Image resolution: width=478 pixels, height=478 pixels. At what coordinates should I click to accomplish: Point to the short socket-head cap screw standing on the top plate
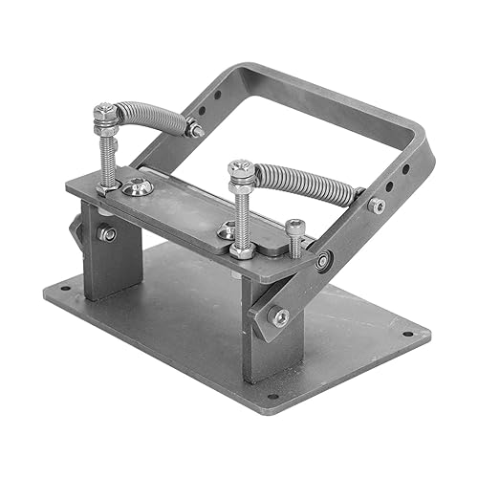click(x=294, y=237)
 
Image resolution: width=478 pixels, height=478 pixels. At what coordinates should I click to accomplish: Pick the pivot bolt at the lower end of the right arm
click(x=281, y=317)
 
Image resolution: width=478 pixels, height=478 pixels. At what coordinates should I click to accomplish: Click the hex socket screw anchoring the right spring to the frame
click(x=377, y=205)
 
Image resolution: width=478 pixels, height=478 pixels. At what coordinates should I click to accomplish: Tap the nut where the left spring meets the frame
click(x=195, y=128)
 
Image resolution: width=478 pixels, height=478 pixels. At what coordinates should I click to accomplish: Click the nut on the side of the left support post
click(x=107, y=233)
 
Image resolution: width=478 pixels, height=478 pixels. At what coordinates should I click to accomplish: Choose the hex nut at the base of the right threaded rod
click(x=242, y=250)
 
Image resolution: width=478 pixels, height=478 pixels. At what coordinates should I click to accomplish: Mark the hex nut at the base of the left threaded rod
click(x=108, y=187)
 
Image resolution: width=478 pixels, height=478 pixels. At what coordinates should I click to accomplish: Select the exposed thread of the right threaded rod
click(x=242, y=215)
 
